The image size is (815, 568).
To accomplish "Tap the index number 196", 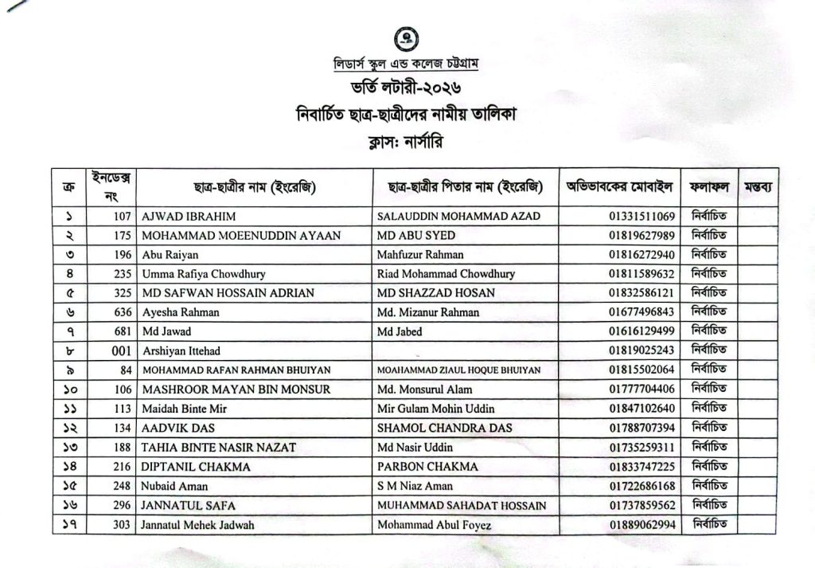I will [122, 255].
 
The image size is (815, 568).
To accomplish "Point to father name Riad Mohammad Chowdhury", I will [446, 274].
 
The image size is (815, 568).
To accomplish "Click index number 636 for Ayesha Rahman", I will [122, 312].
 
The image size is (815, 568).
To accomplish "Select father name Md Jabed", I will [400, 331].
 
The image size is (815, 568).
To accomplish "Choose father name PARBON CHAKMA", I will [428, 467].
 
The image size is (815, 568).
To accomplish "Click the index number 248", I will [122, 486].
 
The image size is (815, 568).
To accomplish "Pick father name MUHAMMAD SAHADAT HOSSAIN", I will [462, 505].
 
